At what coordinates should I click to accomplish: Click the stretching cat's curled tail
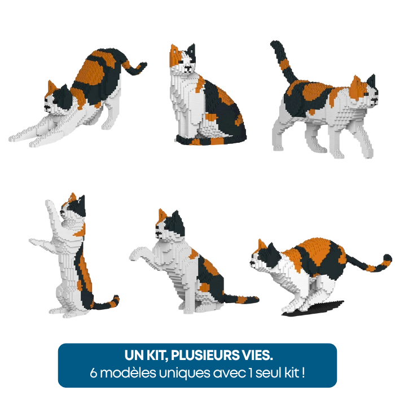tap(135, 67)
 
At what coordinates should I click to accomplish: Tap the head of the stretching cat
tap(56, 99)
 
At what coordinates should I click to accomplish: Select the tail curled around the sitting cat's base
tap(209, 140)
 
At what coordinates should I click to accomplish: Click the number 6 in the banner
tap(94, 373)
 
